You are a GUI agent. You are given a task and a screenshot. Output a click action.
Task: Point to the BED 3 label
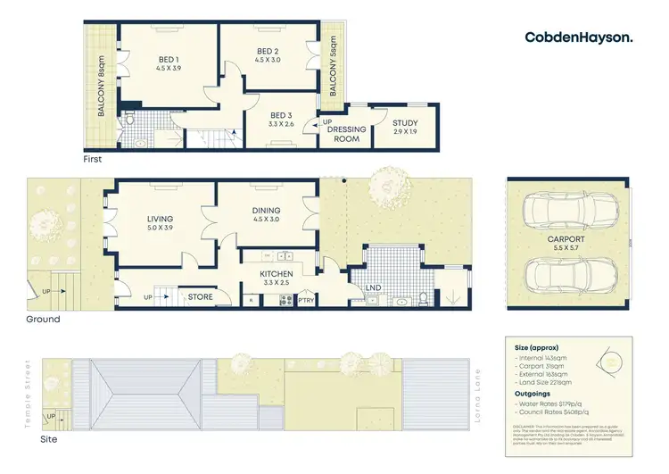click(281, 120)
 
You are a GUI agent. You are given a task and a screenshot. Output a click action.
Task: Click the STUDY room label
click(404, 128)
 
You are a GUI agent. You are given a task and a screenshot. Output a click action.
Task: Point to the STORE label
click(200, 296)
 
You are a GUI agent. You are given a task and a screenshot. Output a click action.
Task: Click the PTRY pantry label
click(307, 300)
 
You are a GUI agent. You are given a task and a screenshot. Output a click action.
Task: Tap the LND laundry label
click(376, 288)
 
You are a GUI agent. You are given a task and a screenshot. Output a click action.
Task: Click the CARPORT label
click(567, 244)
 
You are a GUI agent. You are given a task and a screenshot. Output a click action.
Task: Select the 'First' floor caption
click(91, 160)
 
